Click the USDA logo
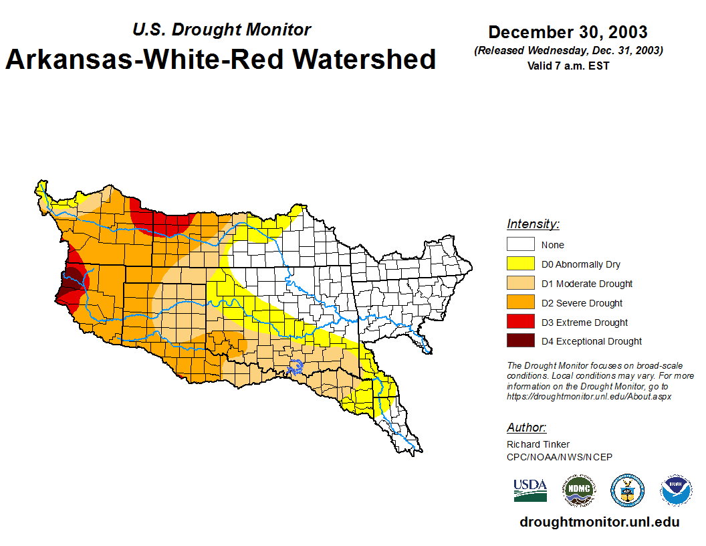530,490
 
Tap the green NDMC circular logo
578,490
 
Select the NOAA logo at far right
676,490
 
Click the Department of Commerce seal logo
627,490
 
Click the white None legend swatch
520,245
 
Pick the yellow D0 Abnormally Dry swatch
520,264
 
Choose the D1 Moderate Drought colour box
520,284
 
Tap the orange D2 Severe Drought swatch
520,303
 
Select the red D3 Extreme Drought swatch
520,323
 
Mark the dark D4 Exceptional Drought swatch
520,341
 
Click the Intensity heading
533,224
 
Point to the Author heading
526,428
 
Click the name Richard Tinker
538,444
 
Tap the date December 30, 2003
568,32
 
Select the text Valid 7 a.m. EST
568,66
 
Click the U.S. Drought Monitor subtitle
221,29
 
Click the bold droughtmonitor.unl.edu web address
599,523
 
